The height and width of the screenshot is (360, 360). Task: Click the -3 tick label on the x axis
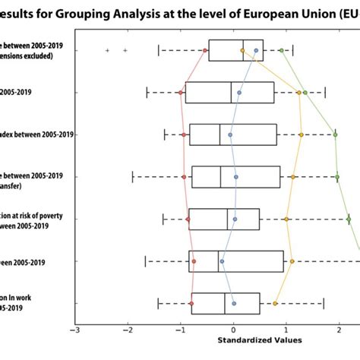coord(74,330)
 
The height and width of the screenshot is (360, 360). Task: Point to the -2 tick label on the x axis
coord(127,330)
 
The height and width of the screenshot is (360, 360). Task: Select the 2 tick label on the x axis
coord(338,330)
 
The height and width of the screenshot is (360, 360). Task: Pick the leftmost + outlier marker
coord(107,50)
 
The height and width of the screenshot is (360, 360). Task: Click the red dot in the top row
coord(205,50)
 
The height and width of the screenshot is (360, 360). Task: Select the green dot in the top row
coord(281,50)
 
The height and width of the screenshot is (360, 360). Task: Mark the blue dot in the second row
coord(239,93)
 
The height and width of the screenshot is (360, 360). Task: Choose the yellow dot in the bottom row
coord(275,304)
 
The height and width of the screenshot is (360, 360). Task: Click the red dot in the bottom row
coord(192,304)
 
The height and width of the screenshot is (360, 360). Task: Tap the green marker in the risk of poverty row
coord(349,219)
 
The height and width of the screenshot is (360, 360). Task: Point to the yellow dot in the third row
coord(302,135)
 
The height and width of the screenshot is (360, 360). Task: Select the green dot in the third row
coord(335,134)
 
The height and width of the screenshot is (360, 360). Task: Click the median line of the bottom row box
coord(225,304)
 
